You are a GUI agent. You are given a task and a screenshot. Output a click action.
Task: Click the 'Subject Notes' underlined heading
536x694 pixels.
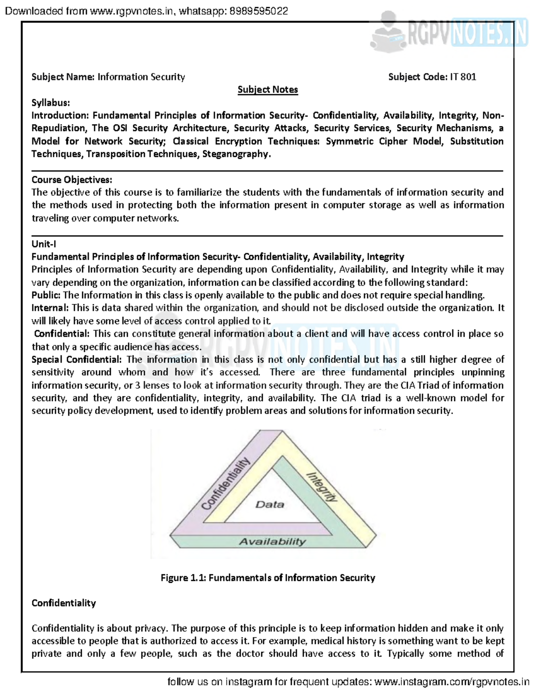268,89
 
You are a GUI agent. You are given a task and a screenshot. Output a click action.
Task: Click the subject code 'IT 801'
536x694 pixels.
463,77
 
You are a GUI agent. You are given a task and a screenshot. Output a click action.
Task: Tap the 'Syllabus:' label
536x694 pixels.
50,103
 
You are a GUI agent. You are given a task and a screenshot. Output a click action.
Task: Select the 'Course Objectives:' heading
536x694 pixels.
71,180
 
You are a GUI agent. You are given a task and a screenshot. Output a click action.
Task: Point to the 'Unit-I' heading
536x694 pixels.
43,244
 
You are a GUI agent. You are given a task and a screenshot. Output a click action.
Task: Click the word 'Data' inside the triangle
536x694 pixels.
270,505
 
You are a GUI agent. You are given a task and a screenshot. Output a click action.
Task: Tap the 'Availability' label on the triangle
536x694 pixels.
272,542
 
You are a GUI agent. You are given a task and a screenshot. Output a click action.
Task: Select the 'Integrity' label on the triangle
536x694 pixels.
322,487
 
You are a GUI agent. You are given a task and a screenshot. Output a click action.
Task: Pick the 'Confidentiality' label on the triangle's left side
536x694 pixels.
225,484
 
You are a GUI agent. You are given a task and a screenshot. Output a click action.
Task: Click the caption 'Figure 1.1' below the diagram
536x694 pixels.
183,578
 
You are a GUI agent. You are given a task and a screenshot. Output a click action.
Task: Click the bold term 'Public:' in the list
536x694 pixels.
46,295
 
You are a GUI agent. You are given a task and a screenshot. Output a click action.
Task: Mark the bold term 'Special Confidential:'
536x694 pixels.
76,360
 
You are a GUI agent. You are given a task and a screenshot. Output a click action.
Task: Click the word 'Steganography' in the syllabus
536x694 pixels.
236,154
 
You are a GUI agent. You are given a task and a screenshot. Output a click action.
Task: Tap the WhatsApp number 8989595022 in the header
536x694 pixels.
259,11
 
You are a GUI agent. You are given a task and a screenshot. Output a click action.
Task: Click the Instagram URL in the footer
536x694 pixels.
452,682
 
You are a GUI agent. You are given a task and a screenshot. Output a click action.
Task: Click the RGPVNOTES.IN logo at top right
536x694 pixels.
449,32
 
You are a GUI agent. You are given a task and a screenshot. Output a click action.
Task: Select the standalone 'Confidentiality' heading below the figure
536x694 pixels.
63,603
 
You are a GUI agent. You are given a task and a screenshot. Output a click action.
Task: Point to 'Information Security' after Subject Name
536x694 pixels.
141,77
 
